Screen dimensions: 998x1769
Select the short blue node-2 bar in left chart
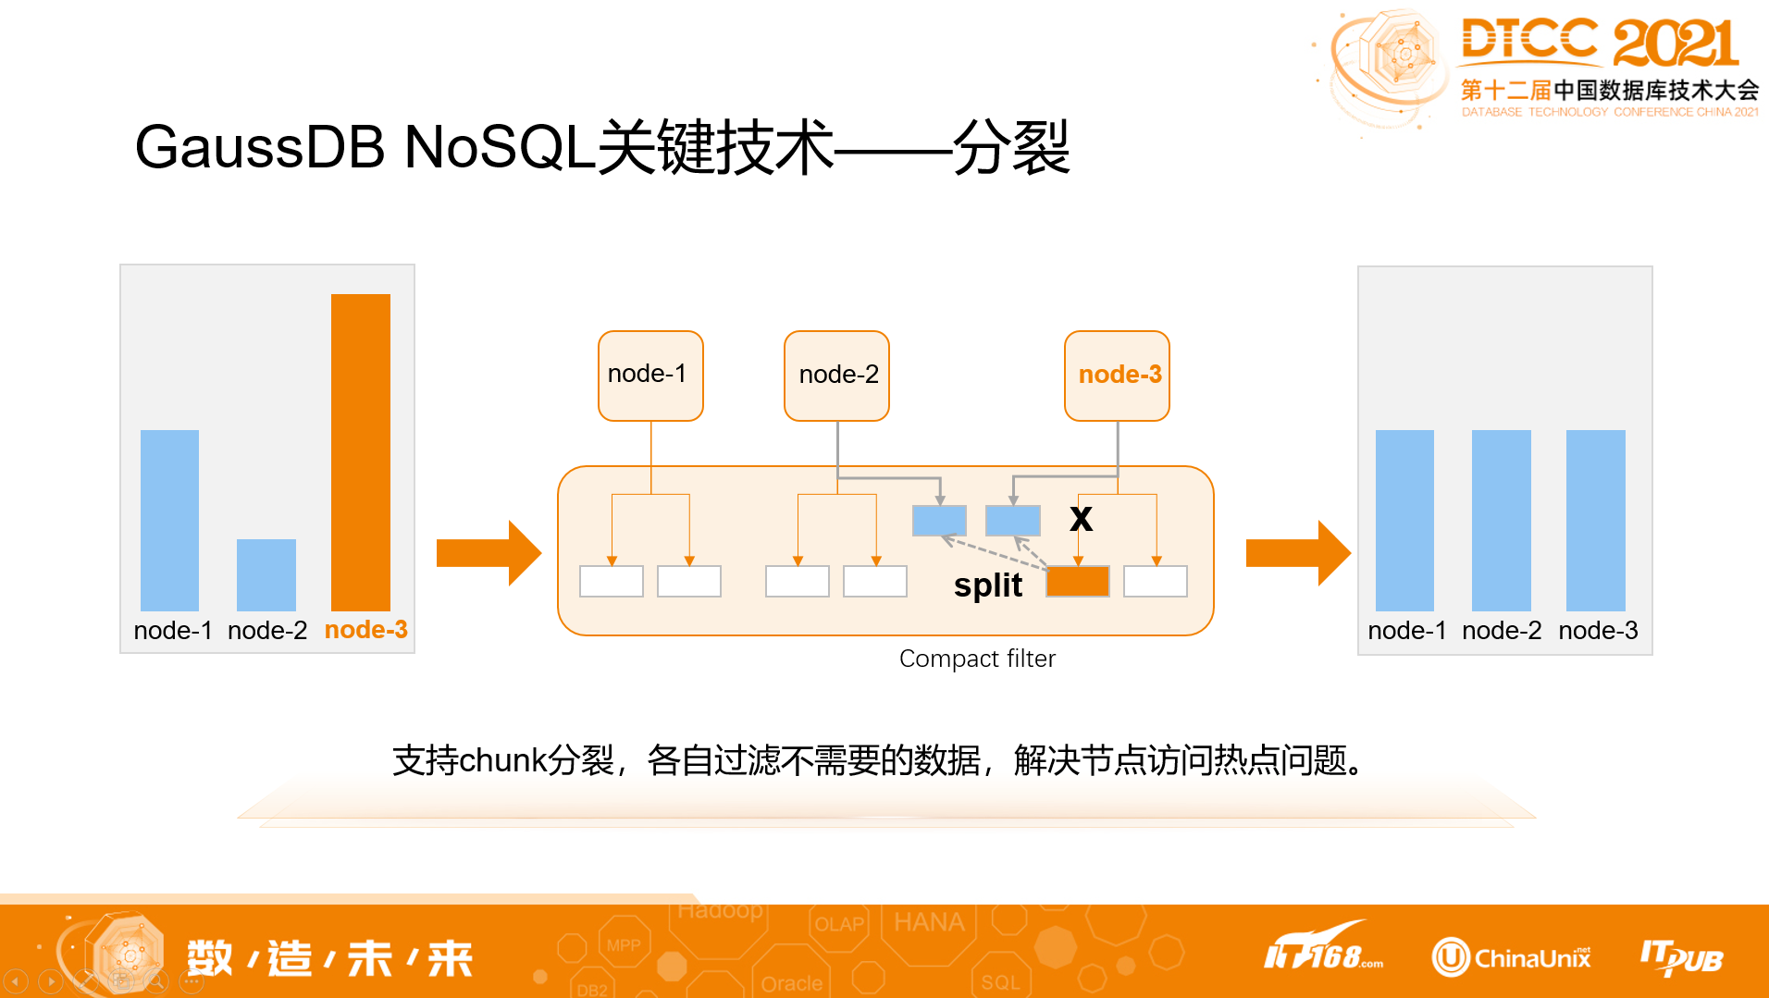pos(266,574)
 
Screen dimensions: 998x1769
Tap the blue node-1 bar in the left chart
pos(169,520)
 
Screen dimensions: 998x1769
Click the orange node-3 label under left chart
pos(365,630)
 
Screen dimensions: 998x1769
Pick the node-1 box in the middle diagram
pos(650,375)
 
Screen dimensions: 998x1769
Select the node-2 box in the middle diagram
pos(836,375)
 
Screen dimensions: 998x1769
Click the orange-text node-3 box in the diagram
pos(1117,375)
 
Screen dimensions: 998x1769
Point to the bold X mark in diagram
pos(1081,518)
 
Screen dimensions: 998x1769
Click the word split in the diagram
pos(987,585)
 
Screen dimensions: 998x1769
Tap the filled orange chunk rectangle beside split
pos(1077,582)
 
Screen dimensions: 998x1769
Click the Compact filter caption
pos(977,659)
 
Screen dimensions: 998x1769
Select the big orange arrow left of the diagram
pos(488,553)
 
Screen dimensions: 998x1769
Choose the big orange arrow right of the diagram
pos(1297,553)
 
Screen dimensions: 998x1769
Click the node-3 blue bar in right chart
pos(1595,520)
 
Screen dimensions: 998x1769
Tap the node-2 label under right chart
pos(1502,631)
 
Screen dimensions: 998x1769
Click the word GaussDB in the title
pos(259,148)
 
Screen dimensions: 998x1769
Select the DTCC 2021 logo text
pos(1599,43)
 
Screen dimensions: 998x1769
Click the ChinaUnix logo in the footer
pos(1512,957)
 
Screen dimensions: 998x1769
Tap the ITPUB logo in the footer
pos(1681,957)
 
